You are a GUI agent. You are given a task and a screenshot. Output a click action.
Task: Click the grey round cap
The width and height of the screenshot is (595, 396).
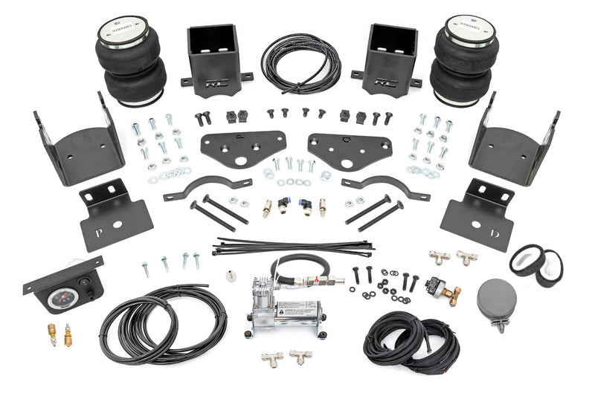pos(498,298)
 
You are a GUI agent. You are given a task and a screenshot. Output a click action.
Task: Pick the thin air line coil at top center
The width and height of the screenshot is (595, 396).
pos(300,62)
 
